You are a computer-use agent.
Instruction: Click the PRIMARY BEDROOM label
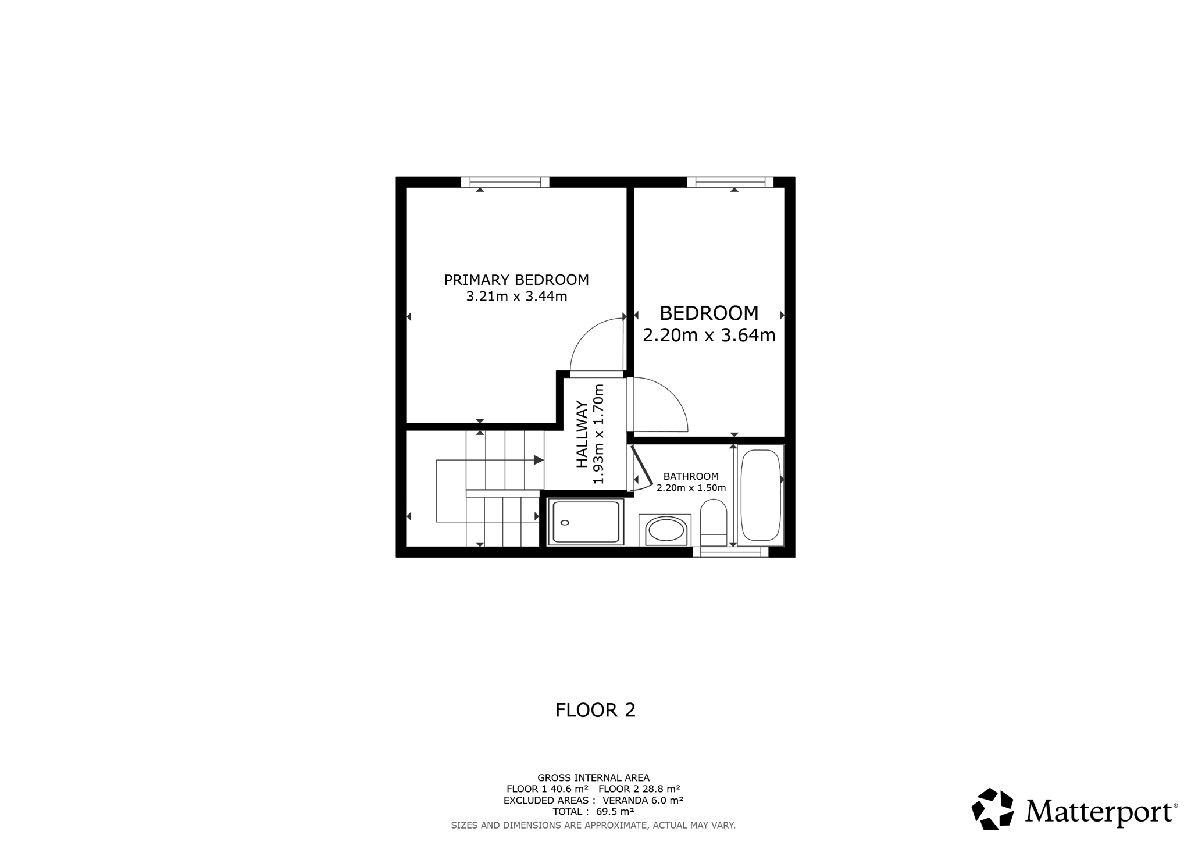click(516, 280)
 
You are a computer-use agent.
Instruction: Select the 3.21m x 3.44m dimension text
click(516, 297)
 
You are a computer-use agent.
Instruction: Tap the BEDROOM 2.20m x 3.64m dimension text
click(709, 336)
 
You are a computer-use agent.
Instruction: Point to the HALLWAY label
click(582, 434)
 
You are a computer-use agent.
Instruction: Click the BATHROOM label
click(691, 476)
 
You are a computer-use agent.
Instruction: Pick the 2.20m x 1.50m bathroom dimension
click(691, 488)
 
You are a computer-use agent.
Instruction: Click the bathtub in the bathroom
click(761, 495)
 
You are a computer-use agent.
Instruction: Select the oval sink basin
click(666, 530)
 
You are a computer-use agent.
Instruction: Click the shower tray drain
click(565, 523)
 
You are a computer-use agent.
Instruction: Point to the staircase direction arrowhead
click(539, 460)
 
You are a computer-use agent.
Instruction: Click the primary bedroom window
click(505, 182)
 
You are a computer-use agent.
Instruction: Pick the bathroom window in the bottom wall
click(730, 552)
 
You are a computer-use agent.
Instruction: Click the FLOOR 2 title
click(595, 710)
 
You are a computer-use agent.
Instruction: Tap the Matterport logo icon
click(993, 809)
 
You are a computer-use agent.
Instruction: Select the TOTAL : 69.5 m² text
click(593, 811)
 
